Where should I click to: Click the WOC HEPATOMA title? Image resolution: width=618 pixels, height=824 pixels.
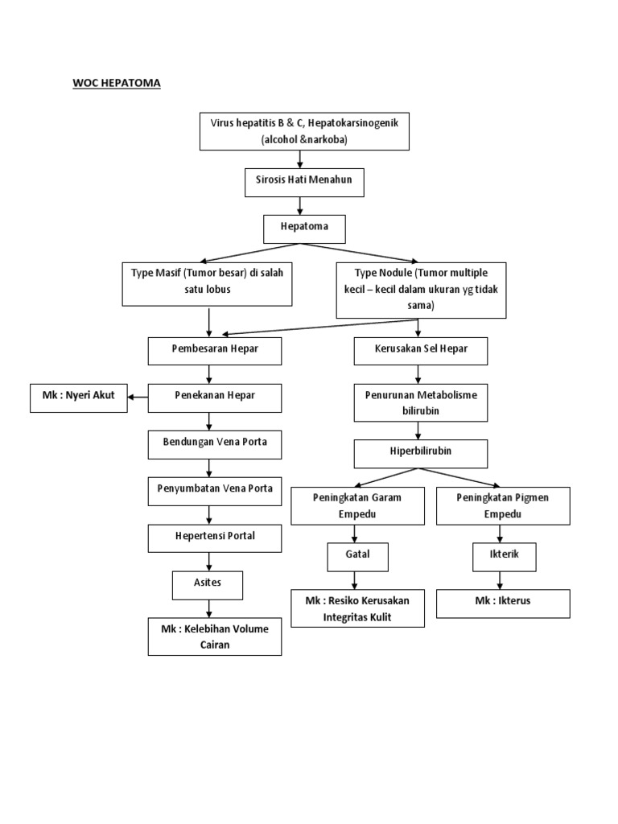click(x=117, y=83)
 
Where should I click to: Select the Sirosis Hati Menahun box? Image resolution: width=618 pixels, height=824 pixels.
click(x=304, y=183)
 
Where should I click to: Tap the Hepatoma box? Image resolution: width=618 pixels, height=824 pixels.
click(x=304, y=229)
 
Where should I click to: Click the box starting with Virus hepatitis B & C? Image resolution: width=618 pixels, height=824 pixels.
click(x=304, y=131)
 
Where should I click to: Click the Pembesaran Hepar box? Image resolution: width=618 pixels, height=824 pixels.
click(x=215, y=351)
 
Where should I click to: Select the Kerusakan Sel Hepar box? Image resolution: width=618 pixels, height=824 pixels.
click(x=421, y=351)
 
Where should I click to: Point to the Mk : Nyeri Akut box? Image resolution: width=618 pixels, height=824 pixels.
click(x=79, y=398)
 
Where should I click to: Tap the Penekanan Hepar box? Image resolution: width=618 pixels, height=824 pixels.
click(x=215, y=398)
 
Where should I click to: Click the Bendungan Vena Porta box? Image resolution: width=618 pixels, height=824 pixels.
click(x=215, y=443)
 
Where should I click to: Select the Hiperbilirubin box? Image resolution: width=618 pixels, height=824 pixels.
click(x=421, y=453)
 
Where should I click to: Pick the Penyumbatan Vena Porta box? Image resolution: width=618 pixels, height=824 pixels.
click(x=215, y=490)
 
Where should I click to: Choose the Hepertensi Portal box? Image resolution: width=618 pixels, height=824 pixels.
click(x=215, y=538)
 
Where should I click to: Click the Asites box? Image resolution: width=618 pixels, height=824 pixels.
click(x=207, y=584)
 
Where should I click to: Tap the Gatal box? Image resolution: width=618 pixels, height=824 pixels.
click(x=358, y=556)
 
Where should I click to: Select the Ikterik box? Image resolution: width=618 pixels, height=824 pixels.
click(x=503, y=556)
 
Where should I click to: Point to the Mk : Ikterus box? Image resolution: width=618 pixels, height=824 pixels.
click(x=503, y=602)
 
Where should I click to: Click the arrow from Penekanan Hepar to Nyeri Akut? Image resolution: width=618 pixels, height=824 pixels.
click(x=138, y=398)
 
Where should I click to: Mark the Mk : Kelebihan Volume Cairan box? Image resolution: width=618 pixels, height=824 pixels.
click(x=215, y=637)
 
